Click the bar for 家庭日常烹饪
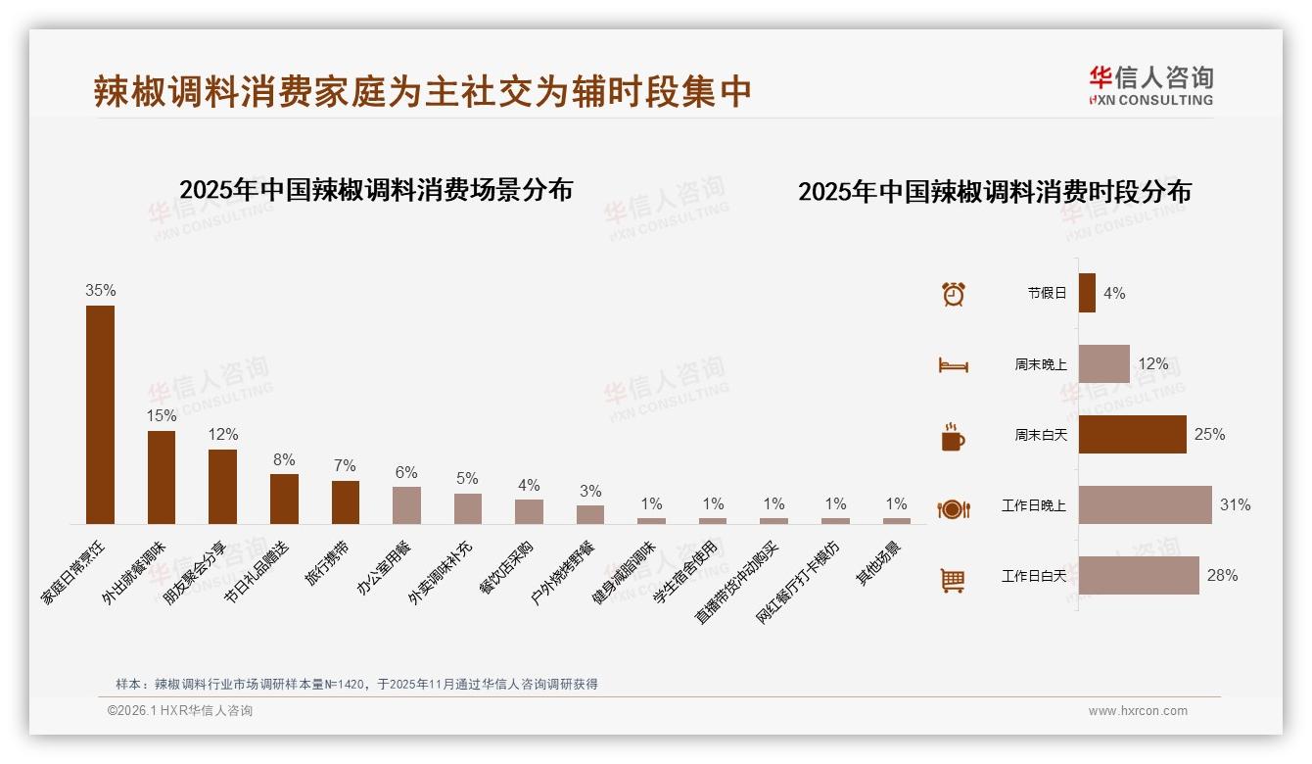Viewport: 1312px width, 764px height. click(x=100, y=414)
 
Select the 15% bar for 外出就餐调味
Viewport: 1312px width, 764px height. click(x=162, y=477)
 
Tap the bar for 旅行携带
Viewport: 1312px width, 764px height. click(x=346, y=501)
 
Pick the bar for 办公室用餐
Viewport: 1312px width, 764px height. click(x=406, y=504)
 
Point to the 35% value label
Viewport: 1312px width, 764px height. click(x=100, y=290)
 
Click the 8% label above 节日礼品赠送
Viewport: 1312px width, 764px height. click(x=284, y=459)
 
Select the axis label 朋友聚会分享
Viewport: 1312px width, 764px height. click(x=195, y=572)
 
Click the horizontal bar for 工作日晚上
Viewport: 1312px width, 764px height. click(x=1145, y=505)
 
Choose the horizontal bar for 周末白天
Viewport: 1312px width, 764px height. click(x=1132, y=435)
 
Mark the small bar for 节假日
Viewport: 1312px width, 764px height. click(x=1087, y=293)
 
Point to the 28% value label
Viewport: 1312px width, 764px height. click(x=1222, y=576)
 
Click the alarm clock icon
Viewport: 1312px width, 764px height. click(x=953, y=294)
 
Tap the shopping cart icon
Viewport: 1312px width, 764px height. click(x=953, y=580)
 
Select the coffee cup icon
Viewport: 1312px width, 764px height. click(x=953, y=437)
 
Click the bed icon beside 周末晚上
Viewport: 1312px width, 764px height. click(x=953, y=365)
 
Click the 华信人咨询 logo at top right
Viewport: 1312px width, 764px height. click(x=1150, y=85)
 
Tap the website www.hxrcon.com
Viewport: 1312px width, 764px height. click(x=1138, y=711)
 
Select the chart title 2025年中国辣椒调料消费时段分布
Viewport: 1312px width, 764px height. click(x=994, y=192)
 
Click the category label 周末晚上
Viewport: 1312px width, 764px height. click(x=1041, y=364)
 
